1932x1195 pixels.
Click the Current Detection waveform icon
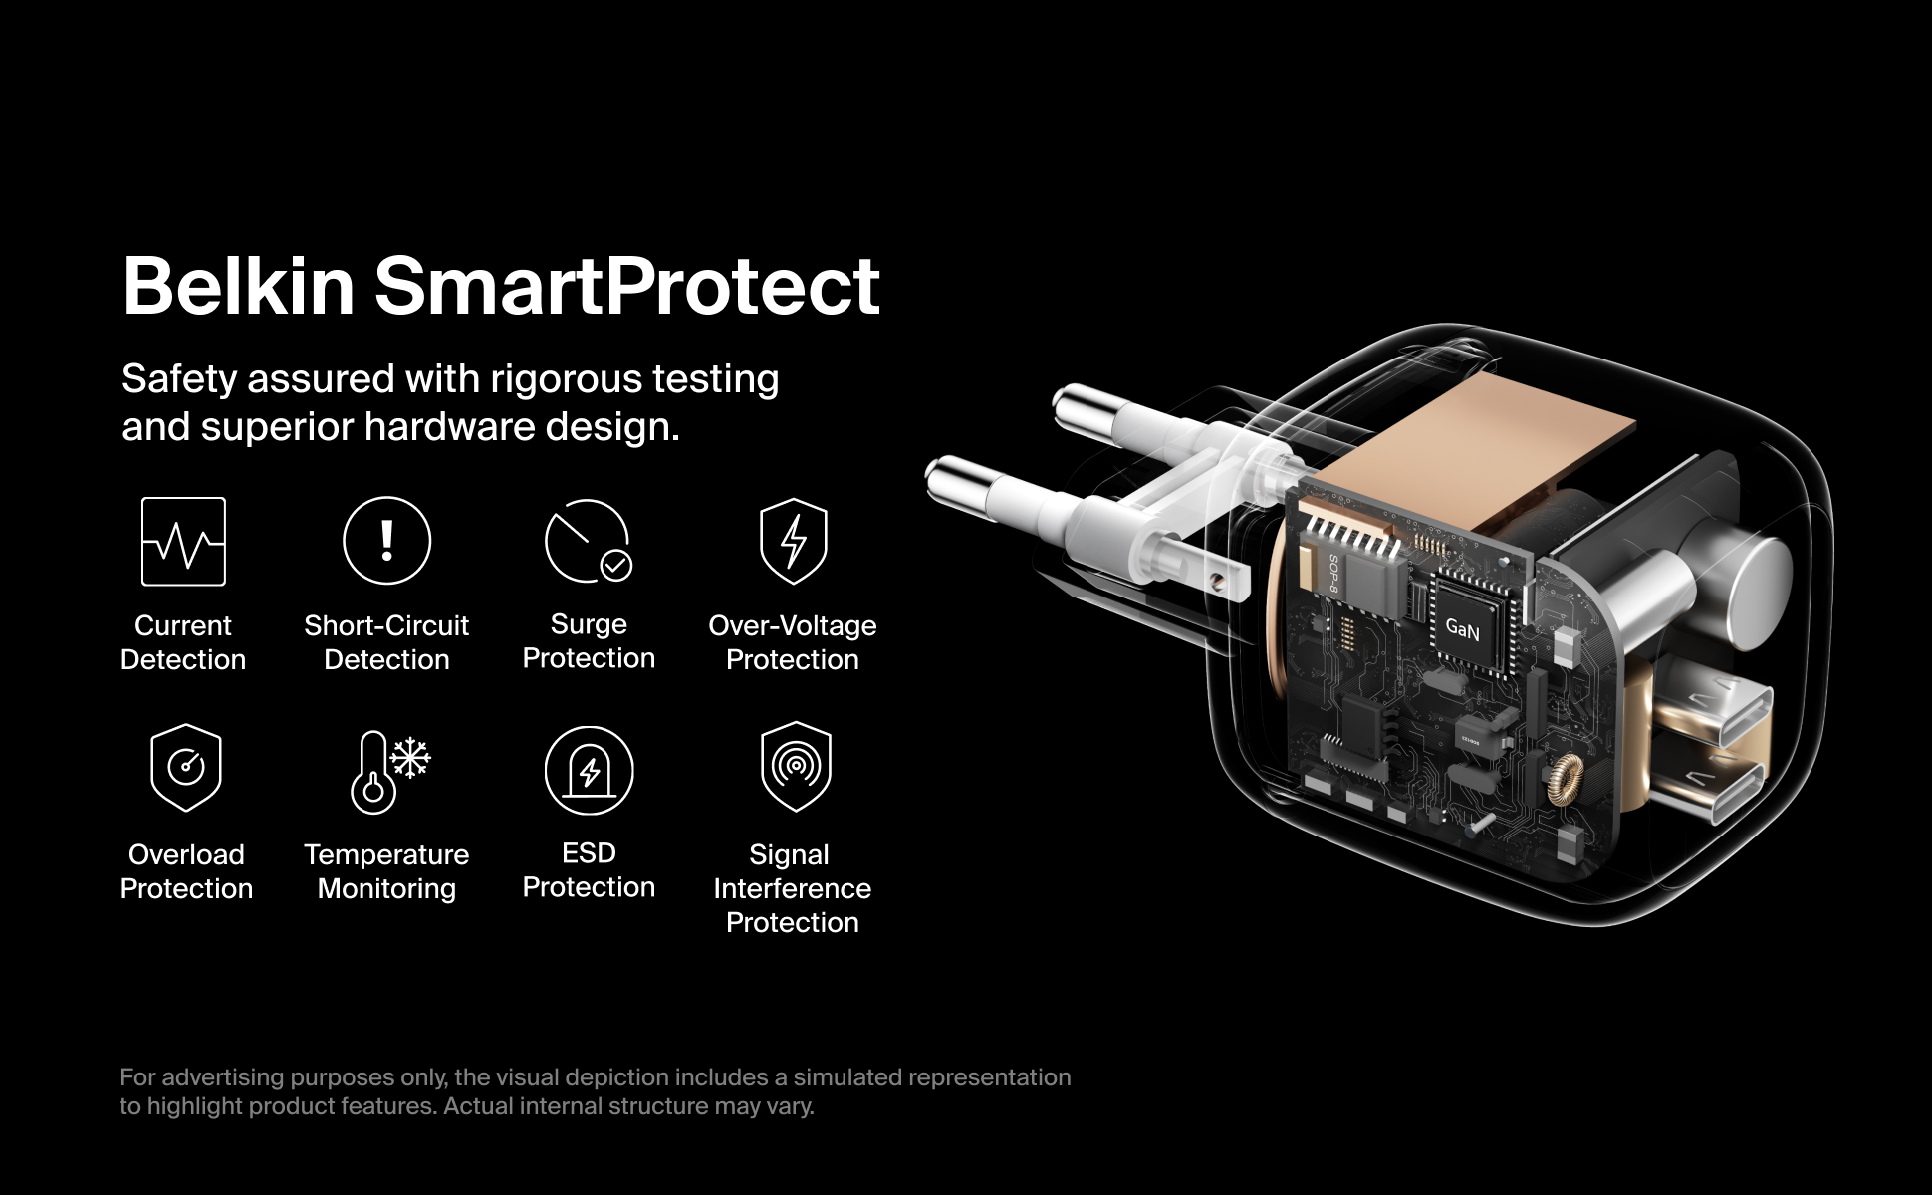click(183, 541)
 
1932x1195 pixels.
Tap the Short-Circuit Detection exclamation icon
click(386, 540)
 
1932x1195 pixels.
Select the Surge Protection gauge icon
click(589, 541)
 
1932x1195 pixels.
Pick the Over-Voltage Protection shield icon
click(793, 541)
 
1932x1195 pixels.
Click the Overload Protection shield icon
click(185, 768)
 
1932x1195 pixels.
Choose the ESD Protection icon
click(589, 770)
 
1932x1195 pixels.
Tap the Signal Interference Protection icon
click(795, 766)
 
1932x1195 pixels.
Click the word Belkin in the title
click(238, 286)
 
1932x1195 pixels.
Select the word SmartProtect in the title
click(627, 286)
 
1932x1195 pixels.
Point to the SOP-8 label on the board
click(1334, 573)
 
